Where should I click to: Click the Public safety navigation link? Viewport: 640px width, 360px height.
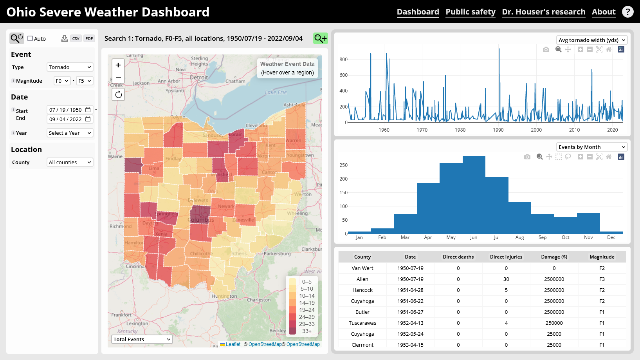tap(470, 12)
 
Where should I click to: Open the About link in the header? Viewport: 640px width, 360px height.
tap(603, 12)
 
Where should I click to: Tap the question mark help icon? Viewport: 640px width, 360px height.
tap(627, 12)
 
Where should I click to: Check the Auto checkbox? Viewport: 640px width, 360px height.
tap(30, 38)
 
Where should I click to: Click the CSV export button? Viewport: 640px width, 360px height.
tap(76, 38)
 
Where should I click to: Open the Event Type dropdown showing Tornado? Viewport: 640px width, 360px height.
tap(70, 67)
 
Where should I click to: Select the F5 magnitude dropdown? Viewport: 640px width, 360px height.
tap(84, 81)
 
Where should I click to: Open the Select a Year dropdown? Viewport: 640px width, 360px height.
tap(70, 133)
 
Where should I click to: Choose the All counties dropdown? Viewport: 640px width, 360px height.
tap(70, 162)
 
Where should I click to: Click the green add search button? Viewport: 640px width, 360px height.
tap(320, 38)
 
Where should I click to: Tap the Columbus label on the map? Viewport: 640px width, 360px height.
tap(200, 220)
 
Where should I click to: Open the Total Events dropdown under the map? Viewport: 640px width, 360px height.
tap(142, 339)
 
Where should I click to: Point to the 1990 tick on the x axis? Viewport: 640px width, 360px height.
tap(498, 130)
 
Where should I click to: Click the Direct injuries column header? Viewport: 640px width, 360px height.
tap(506, 257)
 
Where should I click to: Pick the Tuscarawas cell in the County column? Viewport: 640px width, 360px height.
tap(362, 323)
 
